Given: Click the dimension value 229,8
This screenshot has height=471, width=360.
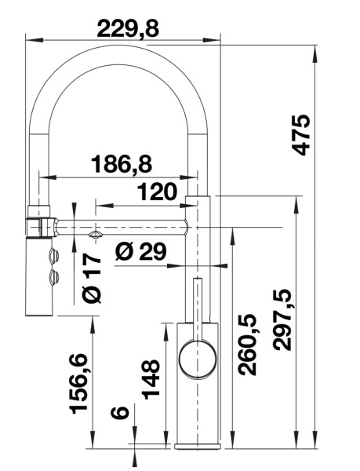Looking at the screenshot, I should pyautogui.click(x=127, y=28).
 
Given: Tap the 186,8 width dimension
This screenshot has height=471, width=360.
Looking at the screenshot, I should pyautogui.click(x=121, y=164).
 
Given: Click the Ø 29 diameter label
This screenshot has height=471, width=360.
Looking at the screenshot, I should pyautogui.click(x=140, y=251).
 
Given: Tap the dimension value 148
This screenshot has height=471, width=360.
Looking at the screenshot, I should pyautogui.click(x=151, y=378).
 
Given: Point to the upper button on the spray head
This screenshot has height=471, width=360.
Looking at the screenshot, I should pyautogui.click(x=54, y=254).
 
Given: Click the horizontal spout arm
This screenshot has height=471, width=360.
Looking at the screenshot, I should pyautogui.click(x=125, y=228).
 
